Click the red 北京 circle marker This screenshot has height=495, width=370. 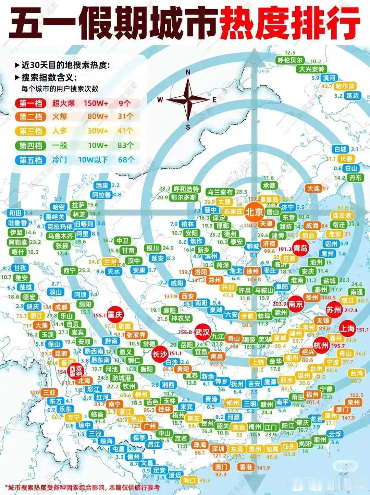254,212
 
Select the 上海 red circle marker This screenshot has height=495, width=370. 347,329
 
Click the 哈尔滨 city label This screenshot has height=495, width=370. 345,86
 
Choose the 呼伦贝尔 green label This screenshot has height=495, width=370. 290,60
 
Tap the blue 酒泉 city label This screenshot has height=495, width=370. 102,185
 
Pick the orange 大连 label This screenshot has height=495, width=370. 313,188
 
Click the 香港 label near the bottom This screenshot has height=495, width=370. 246,467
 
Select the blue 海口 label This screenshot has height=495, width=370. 189,480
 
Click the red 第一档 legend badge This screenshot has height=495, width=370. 30,103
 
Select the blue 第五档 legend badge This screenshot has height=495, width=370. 30,160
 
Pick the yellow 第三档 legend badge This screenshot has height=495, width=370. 30,131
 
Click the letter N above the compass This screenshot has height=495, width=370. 188,72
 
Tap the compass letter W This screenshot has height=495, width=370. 160,100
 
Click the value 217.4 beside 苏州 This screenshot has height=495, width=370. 351,310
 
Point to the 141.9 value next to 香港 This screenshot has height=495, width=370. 263,468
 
